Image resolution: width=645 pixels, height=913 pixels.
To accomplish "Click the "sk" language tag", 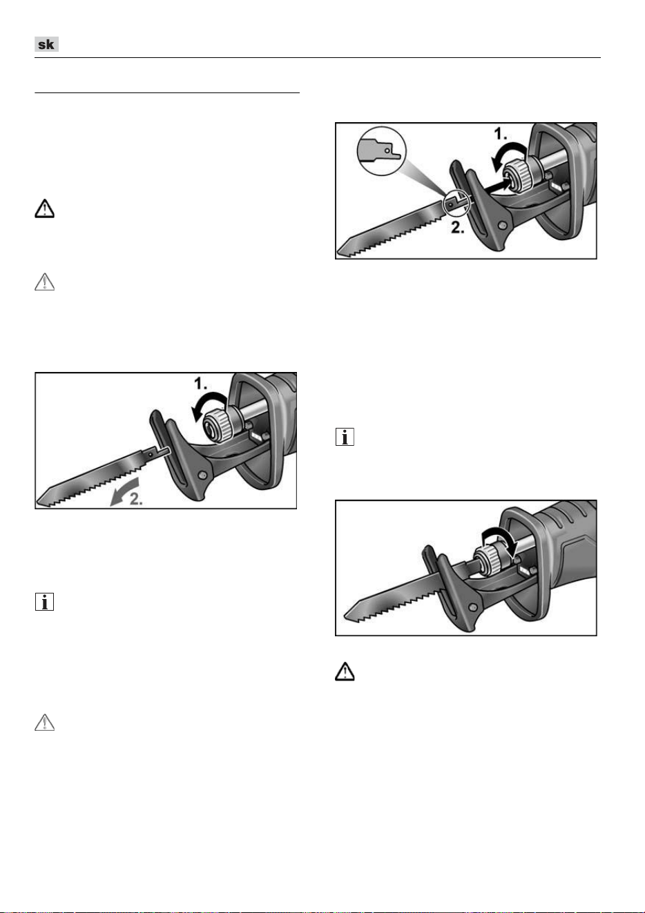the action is pyautogui.click(x=46, y=44).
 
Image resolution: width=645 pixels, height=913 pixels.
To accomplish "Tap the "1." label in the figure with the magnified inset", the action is pyautogui.click(x=500, y=134).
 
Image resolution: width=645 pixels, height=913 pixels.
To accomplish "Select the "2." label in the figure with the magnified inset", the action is pyautogui.click(x=457, y=228).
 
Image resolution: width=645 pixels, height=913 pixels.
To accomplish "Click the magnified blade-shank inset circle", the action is pyautogui.click(x=381, y=151).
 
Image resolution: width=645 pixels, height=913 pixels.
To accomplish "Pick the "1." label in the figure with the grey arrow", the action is pyautogui.click(x=200, y=384).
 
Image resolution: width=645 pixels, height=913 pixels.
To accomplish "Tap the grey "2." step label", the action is pyautogui.click(x=136, y=498).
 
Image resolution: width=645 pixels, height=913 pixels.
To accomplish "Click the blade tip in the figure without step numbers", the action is pyautogui.click(x=347, y=615).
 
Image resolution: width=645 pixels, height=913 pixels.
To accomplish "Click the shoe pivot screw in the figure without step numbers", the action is pyautogui.click(x=473, y=607).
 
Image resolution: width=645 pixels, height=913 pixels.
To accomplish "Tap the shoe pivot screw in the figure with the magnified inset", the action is pyautogui.click(x=503, y=225).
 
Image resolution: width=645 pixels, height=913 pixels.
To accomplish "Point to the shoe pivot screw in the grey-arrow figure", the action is pyautogui.click(x=202, y=475).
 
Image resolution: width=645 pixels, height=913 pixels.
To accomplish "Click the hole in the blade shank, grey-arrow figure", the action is pyautogui.click(x=151, y=453).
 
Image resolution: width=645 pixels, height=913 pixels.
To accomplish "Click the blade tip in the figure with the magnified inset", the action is pyautogui.click(x=340, y=250).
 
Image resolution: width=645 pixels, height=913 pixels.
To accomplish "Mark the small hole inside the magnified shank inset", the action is pyautogui.click(x=388, y=150).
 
